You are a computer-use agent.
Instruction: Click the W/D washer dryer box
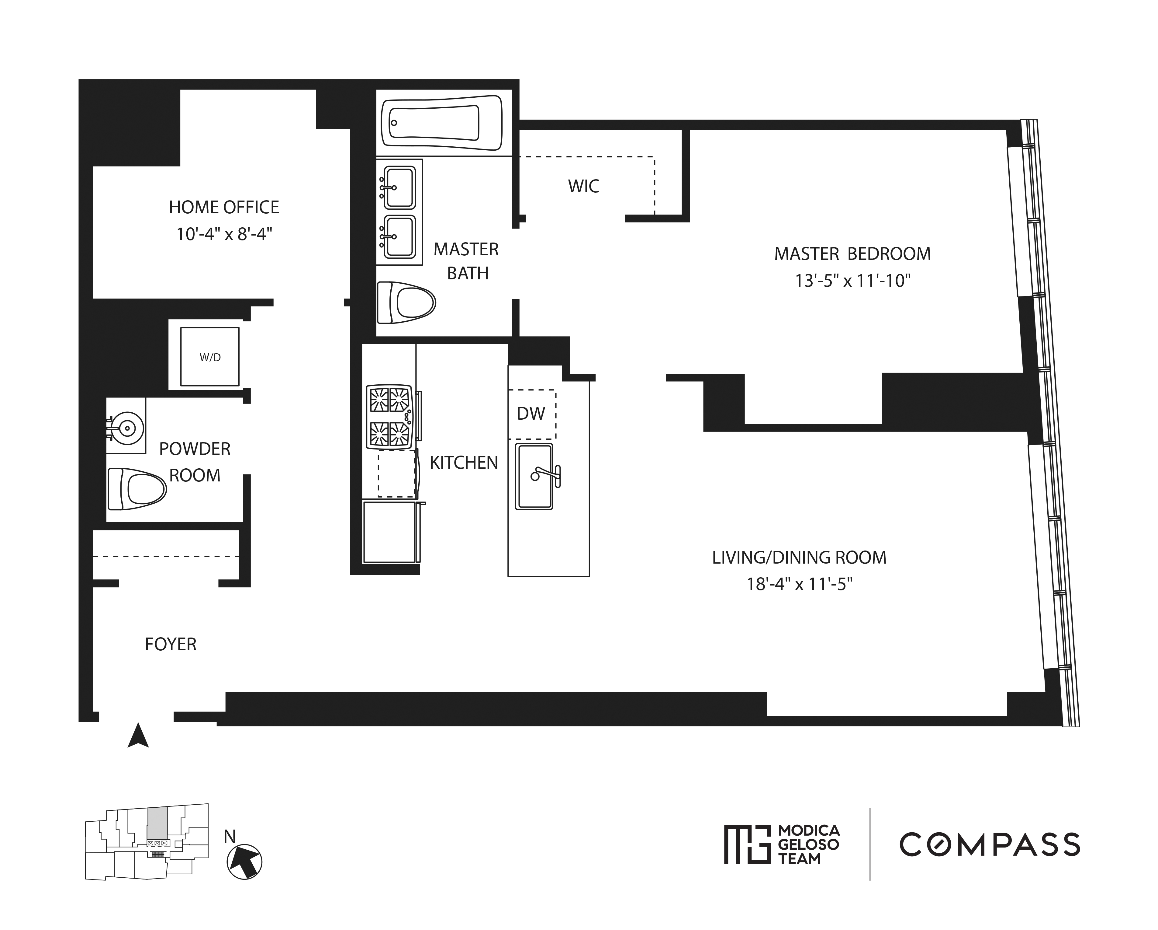pyautogui.click(x=209, y=357)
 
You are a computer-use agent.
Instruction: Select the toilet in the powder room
pyautogui.click(x=137, y=489)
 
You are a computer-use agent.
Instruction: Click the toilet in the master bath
pyautogui.click(x=406, y=303)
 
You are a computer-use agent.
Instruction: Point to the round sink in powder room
pyautogui.click(x=127, y=428)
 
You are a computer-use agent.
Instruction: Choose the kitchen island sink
pyautogui.click(x=534, y=476)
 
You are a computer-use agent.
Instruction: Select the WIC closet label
pyautogui.click(x=583, y=187)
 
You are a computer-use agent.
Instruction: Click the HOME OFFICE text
pyautogui.click(x=224, y=208)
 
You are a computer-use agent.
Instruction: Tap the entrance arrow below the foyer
pyautogui.click(x=138, y=736)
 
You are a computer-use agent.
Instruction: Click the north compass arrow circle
pyautogui.click(x=245, y=862)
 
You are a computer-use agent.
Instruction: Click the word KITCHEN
pyautogui.click(x=464, y=463)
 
